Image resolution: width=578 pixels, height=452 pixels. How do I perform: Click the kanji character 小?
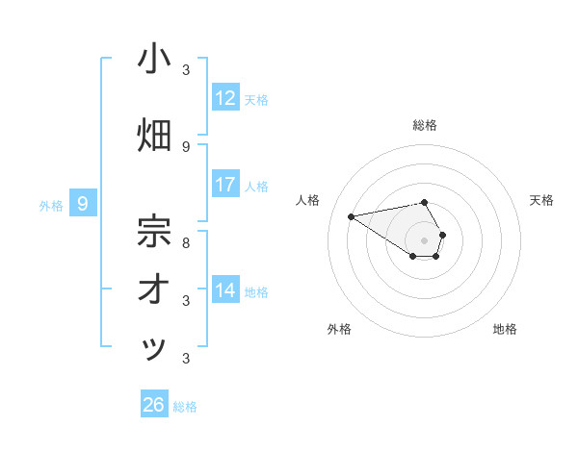(x=154, y=59)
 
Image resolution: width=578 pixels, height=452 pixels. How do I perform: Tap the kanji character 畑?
(x=154, y=136)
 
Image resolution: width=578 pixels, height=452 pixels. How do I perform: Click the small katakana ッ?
(x=154, y=349)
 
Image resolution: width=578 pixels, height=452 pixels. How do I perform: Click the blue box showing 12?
(x=225, y=97)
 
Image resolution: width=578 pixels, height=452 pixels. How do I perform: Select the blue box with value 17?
(x=225, y=184)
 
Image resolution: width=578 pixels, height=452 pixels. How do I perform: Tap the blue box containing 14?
(x=225, y=289)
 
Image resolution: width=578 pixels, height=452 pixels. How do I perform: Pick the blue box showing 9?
(x=83, y=203)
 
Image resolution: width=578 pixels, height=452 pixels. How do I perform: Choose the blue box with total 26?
(x=154, y=405)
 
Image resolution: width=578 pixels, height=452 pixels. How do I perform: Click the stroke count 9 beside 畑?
(x=186, y=146)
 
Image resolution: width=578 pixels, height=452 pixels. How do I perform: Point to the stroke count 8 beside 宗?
(x=186, y=242)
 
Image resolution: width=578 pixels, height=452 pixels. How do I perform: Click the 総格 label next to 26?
(x=185, y=407)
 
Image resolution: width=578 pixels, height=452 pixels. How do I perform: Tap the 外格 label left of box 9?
(x=51, y=205)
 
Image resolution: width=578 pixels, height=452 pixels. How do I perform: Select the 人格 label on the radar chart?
(x=308, y=200)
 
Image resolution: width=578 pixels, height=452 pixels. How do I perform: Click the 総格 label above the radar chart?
(x=425, y=125)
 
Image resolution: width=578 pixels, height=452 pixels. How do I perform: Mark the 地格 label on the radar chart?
(x=505, y=329)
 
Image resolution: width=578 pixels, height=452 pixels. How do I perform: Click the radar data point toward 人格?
(x=352, y=215)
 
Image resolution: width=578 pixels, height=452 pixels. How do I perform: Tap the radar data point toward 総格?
(x=425, y=202)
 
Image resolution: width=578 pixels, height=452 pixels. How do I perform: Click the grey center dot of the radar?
(x=425, y=240)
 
